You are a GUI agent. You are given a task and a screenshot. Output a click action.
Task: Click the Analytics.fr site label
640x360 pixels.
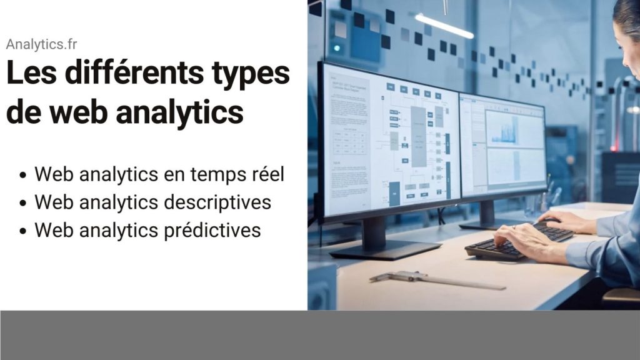(x=41, y=44)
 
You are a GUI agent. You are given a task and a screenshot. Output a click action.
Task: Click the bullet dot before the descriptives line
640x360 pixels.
(x=23, y=203)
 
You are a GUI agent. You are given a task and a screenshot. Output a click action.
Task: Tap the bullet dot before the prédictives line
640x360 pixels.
(x=23, y=231)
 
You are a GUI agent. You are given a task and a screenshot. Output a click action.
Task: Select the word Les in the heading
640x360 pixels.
(x=31, y=73)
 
